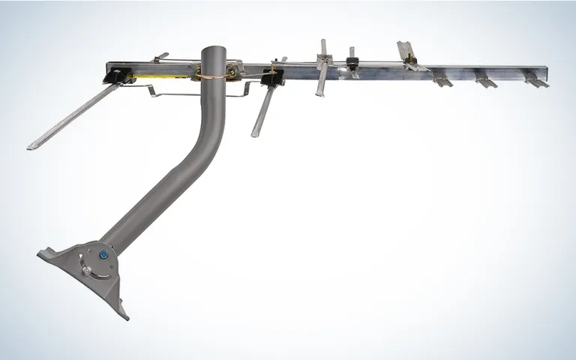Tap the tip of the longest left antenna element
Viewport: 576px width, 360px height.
tap(32, 146)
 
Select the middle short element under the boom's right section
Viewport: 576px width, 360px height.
tap(486, 81)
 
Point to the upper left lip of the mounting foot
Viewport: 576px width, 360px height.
tap(42, 253)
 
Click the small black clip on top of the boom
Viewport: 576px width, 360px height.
tap(351, 54)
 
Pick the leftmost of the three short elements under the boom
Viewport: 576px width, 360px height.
tap(442, 80)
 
